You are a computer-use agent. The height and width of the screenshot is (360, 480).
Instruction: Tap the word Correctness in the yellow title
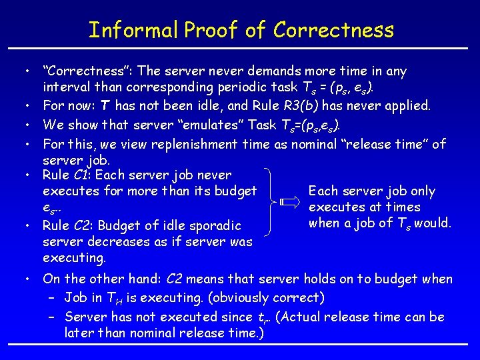[333, 30]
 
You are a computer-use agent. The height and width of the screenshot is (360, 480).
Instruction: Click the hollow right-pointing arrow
[291, 201]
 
